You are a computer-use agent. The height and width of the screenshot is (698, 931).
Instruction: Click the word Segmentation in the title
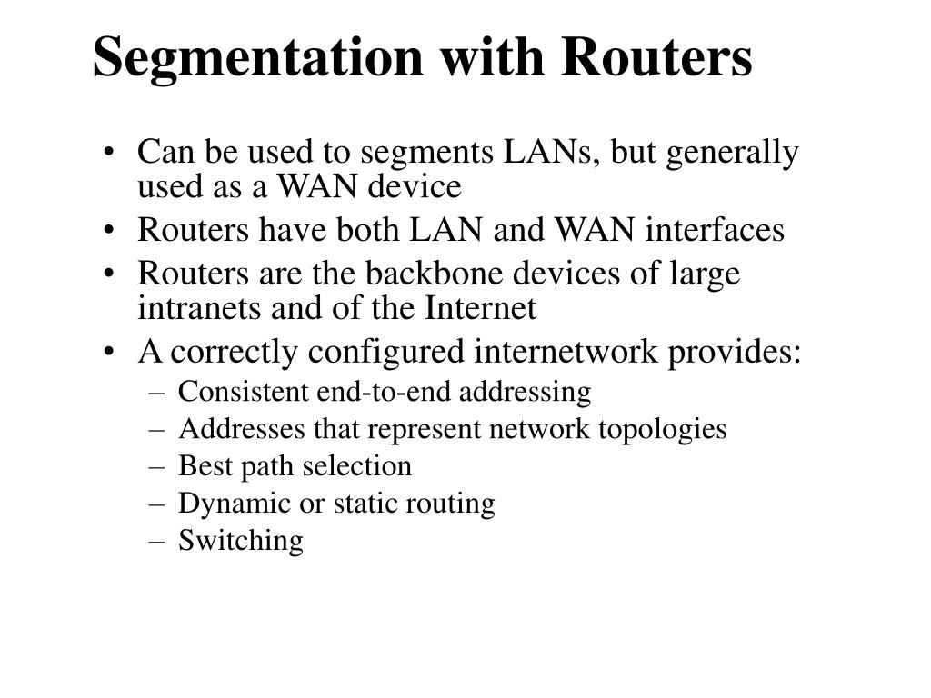pyautogui.click(x=257, y=57)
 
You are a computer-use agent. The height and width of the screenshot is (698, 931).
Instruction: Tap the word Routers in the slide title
pyautogui.click(x=657, y=57)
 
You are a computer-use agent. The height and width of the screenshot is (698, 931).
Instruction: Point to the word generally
pyautogui.click(x=744, y=153)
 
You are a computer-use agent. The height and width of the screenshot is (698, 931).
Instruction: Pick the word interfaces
pyautogui.click(x=715, y=231)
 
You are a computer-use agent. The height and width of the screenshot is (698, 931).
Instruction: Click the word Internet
pyautogui.click(x=481, y=309)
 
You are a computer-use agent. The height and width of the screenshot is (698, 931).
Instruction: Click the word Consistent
pyautogui.click(x=244, y=393)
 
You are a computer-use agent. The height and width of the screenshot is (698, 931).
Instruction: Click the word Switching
pyautogui.click(x=240, y=541)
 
